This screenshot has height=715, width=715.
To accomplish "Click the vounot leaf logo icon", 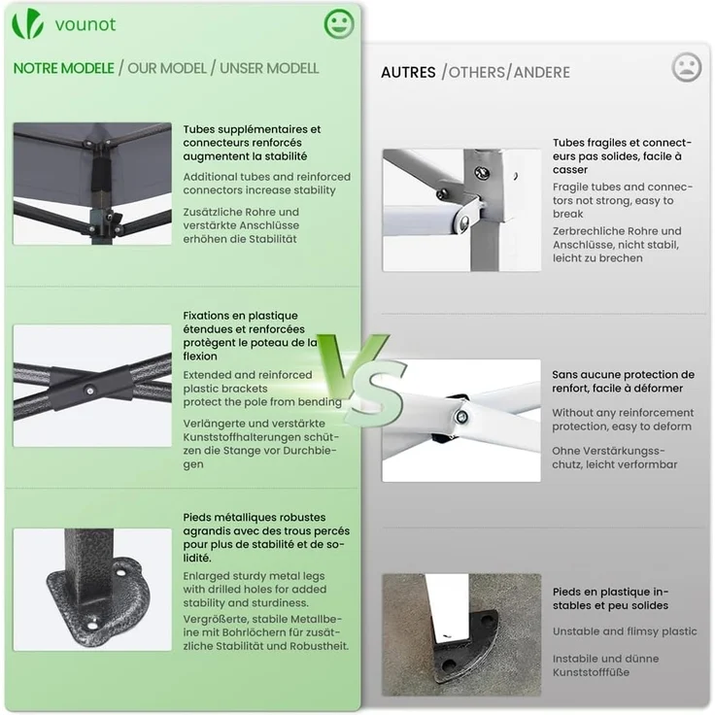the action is [x=27, y=23].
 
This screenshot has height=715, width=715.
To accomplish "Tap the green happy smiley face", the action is [x=339, y=23].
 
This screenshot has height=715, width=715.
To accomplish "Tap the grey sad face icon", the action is [x=686, y=67].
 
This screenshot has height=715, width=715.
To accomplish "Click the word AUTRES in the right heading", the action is [x=408, y=73].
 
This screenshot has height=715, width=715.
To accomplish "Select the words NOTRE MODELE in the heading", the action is [x=64, y=68].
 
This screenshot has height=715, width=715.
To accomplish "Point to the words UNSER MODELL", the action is [x=269, y=68].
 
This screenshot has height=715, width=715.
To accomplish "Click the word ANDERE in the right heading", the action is [x=542, y=73].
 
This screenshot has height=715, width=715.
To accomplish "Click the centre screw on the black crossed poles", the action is [x=89, y=391].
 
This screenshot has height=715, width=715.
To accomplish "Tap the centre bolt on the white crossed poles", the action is [x=461, y=417].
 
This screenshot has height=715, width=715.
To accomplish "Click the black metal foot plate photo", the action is [x=92, y=590].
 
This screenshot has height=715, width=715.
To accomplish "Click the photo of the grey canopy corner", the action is [x=92, y=184].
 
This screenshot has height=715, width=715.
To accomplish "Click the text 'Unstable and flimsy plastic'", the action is [x=625, y=631].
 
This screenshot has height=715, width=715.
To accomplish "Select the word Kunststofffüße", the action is [x=591, y=672].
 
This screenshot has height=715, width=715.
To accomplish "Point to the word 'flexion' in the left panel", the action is [x=200, y=357].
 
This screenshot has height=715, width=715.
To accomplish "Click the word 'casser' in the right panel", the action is [x=570, y=170].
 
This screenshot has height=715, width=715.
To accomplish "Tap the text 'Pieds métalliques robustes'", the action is [x=255, y=518].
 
